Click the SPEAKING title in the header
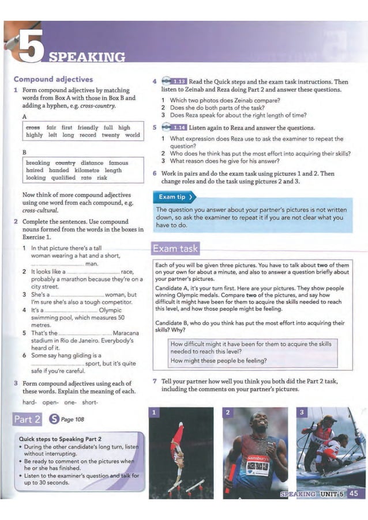click(87, 56)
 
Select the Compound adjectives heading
click(53, 79)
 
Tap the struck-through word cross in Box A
click(33, 127)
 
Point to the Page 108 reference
click(73, 419)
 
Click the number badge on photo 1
click(154, 412)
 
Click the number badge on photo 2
click(227, 412)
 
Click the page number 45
click(354, 493)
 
